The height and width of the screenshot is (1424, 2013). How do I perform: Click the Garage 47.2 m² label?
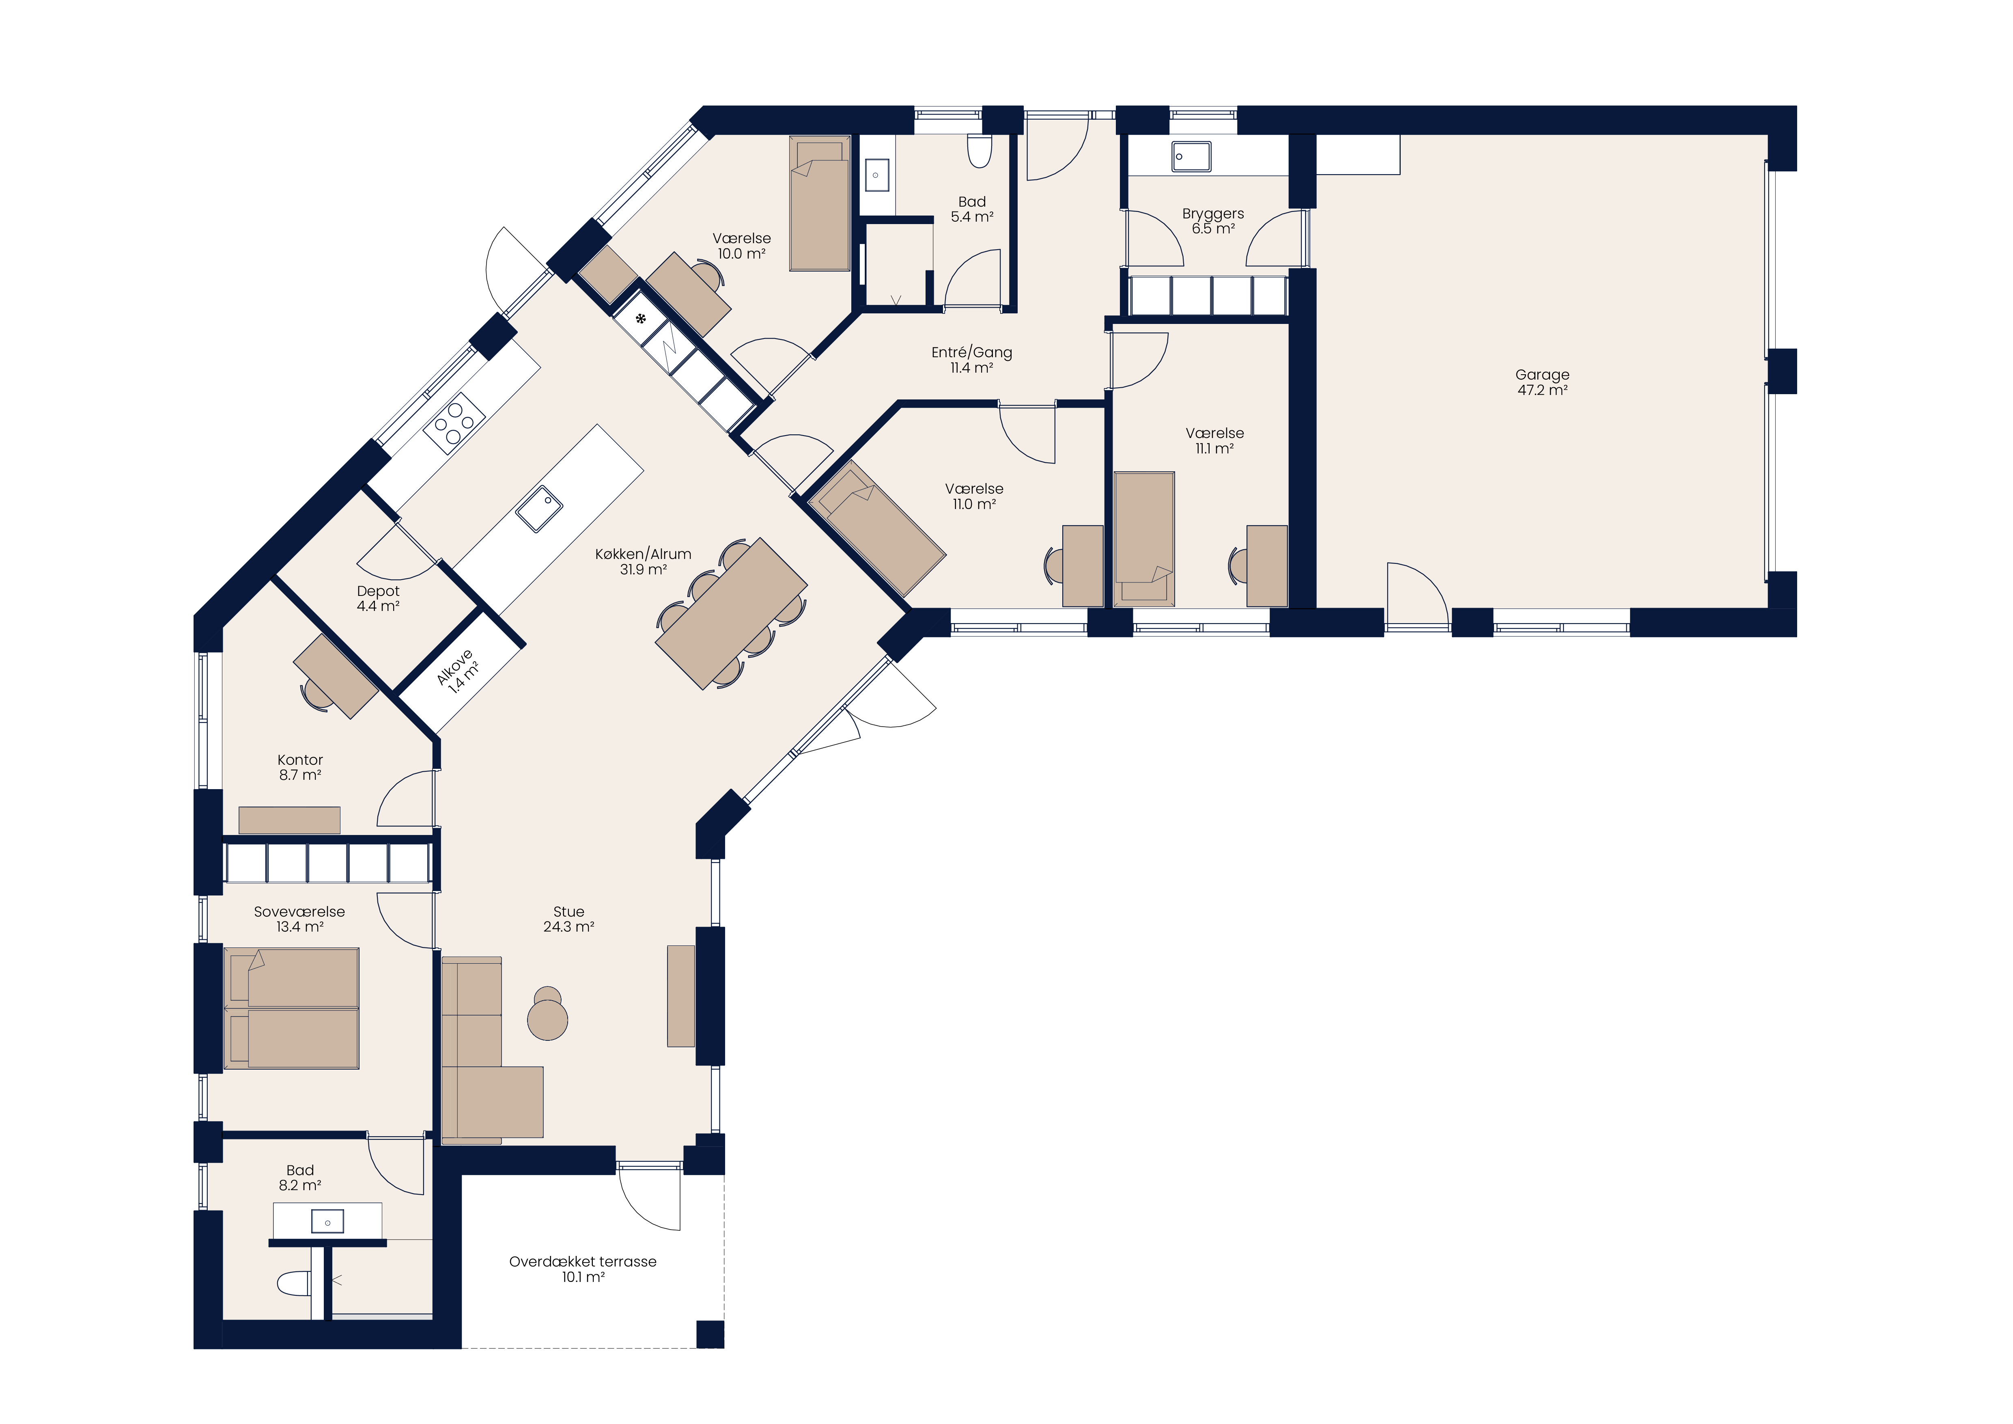(x=1542, y=382)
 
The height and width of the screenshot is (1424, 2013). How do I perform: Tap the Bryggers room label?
(x=1212, y=221)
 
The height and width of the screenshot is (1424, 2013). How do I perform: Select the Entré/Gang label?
(x=971, y=360)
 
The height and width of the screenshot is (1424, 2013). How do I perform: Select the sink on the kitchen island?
(x=538, y=509)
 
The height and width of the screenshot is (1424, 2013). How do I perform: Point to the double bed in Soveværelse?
(x=292, y=1008)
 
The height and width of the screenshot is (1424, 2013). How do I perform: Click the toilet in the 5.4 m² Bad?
(x=980, y=151)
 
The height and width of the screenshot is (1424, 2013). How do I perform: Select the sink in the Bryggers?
(x=1191, y=157)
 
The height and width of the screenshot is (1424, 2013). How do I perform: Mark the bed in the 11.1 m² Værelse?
(x=1144, y=538)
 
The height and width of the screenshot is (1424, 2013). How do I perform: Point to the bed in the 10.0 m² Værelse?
(x=820, y=203)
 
